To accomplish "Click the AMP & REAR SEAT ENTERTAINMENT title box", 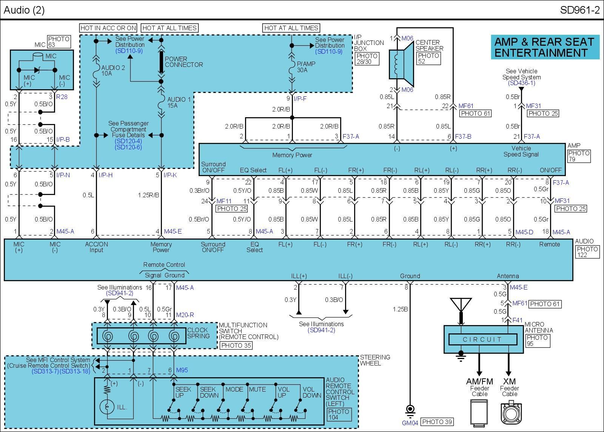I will coord(545,47).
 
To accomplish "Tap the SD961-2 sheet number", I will coord(579,10).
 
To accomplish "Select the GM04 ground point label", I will coord(410,423).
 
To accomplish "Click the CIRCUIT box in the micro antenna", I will coord(482,339).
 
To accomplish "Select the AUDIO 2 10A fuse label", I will coord(112,70).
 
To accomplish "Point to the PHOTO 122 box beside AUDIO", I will coord(587,252).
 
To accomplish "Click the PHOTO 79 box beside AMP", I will coord(579,156).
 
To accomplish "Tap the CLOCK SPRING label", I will coord(198,333).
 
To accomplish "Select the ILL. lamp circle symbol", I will coord(107,407).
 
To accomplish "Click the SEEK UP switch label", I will coord(183,392).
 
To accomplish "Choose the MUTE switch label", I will coord(257,389).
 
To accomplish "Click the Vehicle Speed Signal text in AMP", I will coord(521,151).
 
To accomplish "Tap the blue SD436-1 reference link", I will coord(521,83).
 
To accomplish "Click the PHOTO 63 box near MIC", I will coord(59,42).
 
